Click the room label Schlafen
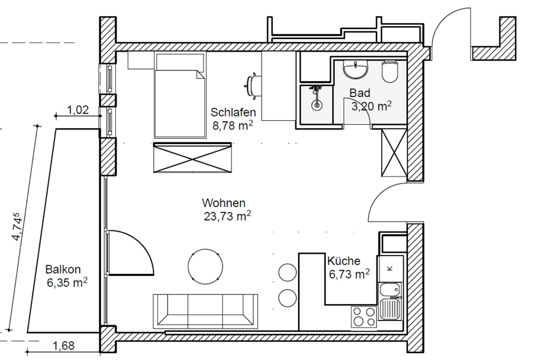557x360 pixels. (x=233, y=112)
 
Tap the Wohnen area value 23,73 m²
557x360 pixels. (x=227, y=216)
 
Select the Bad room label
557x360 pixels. (x=360, y=93)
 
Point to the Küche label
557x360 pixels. (x=343, y=261)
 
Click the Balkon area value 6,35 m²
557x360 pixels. (x=67, y=283)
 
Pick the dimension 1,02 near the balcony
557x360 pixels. (x=78, y=110)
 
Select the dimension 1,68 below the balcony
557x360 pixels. (x=64, y=345)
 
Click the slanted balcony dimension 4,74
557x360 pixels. (x=18, y=226)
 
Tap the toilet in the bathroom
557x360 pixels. (x=390, y=71)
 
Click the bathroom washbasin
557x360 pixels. (x=355, y=69)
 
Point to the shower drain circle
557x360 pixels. (x=317, y=105)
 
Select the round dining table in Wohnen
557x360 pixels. (x=205, y=266)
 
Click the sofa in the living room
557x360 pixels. (x=205, y=311)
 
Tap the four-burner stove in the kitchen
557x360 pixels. (x=364, y=316)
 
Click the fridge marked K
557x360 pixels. (x=390, y=268)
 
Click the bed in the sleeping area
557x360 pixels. (x=180, y=95)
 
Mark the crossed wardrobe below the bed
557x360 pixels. (x=192, y=158)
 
